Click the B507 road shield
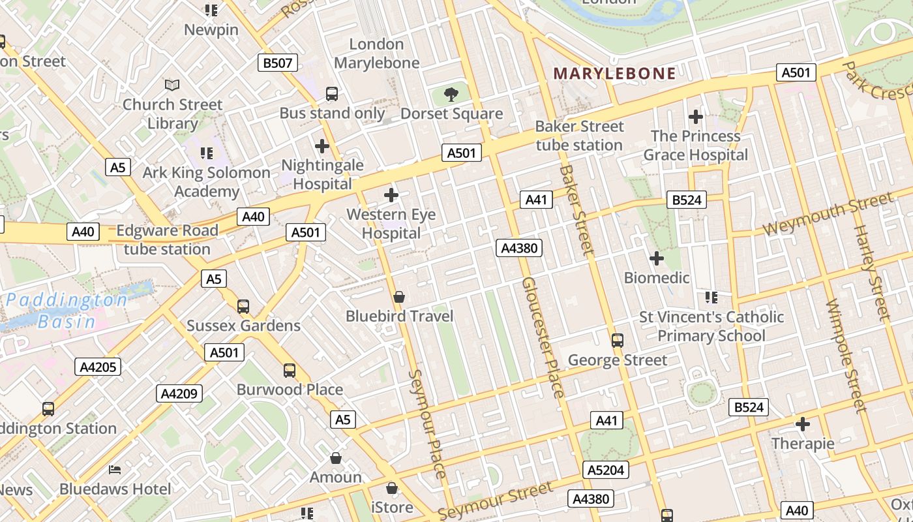tap(278, 63)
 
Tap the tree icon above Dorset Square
tap(451, 95)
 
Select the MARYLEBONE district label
tap(614, 73)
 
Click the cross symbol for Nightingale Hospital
tap(322, 146)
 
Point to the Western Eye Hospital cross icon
tap(391, 195)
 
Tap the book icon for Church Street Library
tap(172, 85)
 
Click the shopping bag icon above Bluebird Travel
tap(399, 298)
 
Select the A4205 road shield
tap(98, 367)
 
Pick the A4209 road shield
tap(179, 393)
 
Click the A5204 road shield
tap(605, 470)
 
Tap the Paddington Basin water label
tap(67, 311)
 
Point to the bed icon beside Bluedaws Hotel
tap(115, 470)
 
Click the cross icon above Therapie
tap(803, 424)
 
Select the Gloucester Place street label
tap(543, 337)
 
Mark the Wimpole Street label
tap(845, 356)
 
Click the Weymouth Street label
tap(828, 214)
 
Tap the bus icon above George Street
tap(617, 341)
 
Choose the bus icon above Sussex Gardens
tap(243, 307)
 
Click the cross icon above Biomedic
tap(657, 259)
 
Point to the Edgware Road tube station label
tap(167, 239)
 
